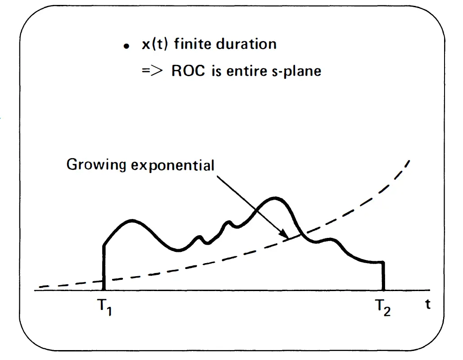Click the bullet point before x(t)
pos(127,46)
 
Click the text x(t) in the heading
pos(149,44)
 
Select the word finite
pos(189,44)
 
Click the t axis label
pos(427,305)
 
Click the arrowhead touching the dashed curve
pos(284,236)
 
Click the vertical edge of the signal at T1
pos(104,268)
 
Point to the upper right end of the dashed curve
pos(409,161)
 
